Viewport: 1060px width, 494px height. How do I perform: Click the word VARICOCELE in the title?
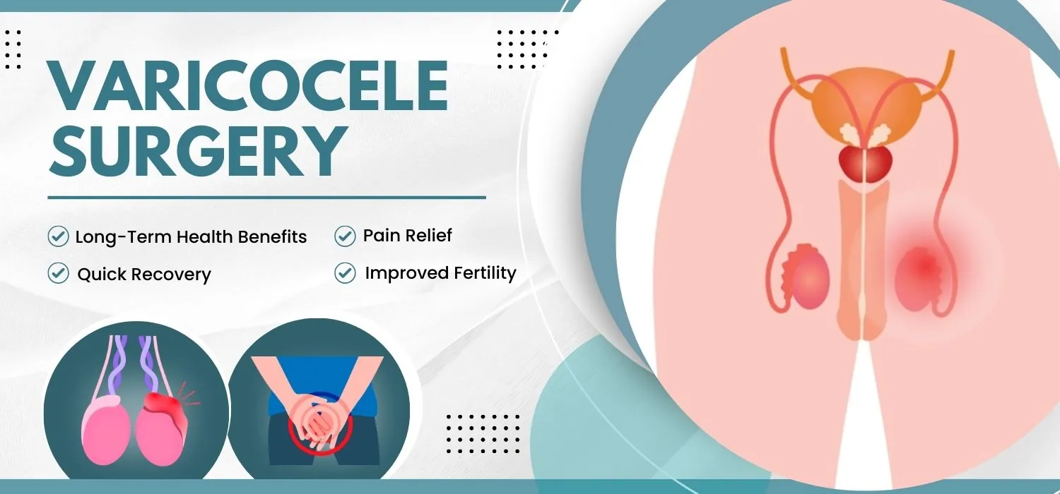tap(247, 88)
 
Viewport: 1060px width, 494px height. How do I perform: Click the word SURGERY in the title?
tap(195, 152)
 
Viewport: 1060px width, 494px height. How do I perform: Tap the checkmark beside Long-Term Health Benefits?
tap(58, 236)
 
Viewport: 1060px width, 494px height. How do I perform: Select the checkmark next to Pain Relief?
tap(345, 236)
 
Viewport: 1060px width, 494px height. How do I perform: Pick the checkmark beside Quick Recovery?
tap(58, 274)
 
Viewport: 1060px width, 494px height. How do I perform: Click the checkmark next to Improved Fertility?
tap(345, 272)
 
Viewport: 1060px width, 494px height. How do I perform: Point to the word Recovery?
tap(176, 274)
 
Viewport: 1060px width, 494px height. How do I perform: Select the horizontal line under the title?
tap(266, 198)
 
